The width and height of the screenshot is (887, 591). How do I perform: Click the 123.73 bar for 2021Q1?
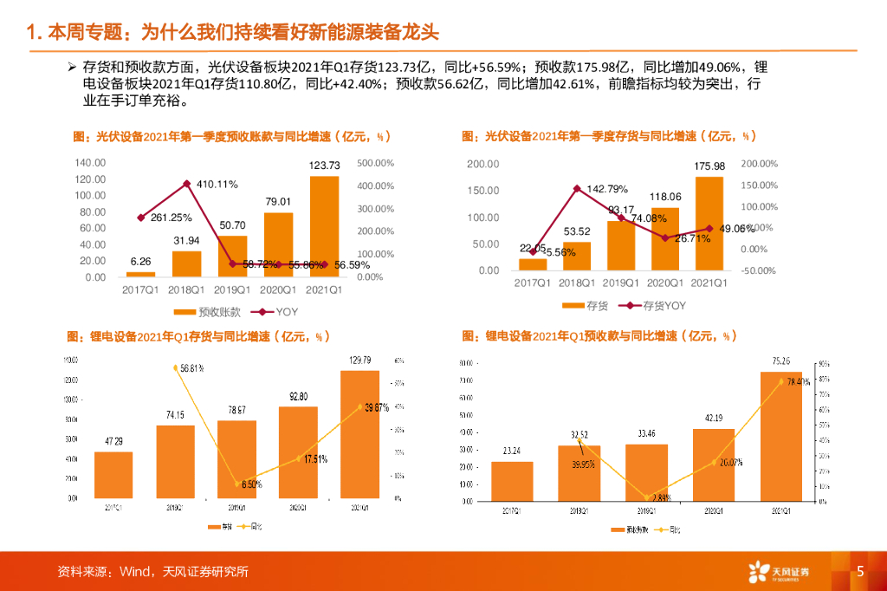pos(324,226)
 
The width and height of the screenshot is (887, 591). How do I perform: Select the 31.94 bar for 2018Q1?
pos(187,263)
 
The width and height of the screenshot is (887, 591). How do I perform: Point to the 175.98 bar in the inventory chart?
pos(709,224)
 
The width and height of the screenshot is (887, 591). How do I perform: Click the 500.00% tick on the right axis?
pos(376,163)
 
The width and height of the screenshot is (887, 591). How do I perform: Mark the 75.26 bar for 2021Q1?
pos(781,437)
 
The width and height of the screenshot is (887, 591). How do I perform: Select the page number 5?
pos(860,571)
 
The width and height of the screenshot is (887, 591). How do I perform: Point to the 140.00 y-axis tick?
pos(90,163)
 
